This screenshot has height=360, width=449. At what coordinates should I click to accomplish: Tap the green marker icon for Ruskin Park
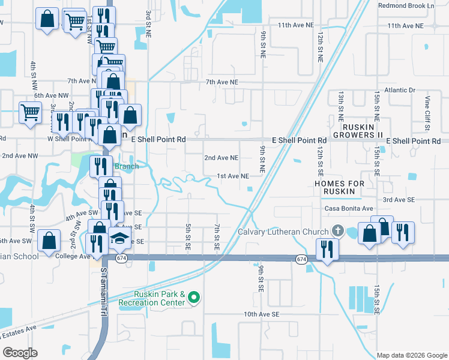194,297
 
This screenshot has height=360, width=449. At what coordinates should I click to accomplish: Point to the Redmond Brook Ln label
406,5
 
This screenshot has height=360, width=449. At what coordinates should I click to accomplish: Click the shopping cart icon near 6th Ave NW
31,112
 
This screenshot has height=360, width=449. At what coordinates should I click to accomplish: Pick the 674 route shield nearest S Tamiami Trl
122,258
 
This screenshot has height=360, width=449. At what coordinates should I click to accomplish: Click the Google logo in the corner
20,352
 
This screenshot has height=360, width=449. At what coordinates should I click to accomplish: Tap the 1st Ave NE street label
232,176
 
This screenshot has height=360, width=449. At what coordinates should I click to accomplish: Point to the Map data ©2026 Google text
411,355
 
